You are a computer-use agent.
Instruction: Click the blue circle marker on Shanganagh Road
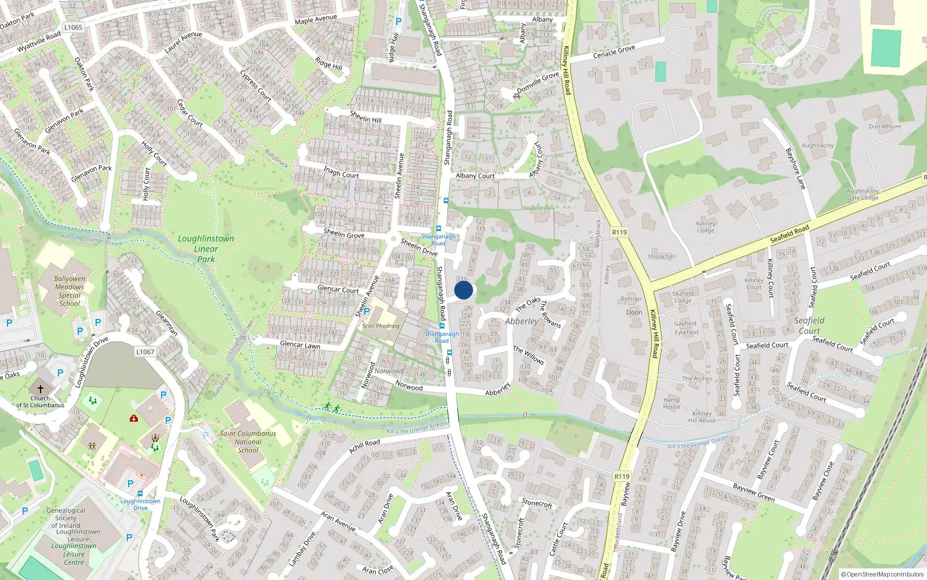[463, 290]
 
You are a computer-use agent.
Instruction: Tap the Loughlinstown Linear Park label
[206, 249]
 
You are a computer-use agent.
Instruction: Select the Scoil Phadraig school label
[381, 326]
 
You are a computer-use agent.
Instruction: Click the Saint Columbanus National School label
[248, 441]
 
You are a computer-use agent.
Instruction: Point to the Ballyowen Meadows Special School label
[70, 291]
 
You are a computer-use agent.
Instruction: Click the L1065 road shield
[74, 27]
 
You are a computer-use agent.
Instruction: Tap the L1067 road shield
[145, 352]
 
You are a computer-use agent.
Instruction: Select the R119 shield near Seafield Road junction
[619, 232]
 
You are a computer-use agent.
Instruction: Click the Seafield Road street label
[790, 234]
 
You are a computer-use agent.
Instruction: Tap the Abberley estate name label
[521, 321]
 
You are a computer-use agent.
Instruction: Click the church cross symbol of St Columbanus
[41, 389]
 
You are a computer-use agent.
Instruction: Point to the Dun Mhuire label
[885, 126]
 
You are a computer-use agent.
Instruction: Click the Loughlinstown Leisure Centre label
[74, 554]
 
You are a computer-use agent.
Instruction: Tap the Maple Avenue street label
[316, 20]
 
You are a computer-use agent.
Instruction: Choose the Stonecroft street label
[537, 503]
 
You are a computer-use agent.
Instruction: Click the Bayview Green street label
[753, 492]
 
